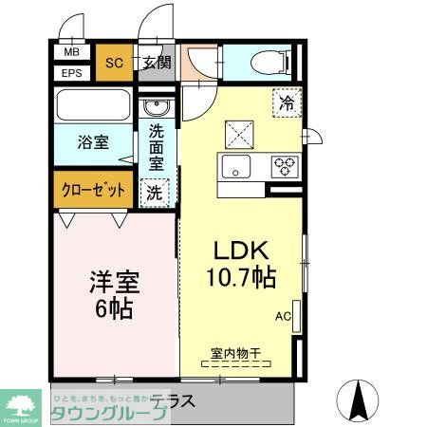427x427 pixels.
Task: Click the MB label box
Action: [x=72, y=53]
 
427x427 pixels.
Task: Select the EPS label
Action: [x=72, y=73]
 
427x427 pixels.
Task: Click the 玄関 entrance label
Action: [x=157, y=64]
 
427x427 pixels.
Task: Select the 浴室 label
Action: [x=93, y=142]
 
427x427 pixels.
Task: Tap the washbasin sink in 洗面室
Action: [x=157, y=105]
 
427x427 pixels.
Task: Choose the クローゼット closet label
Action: [x=93, y=189]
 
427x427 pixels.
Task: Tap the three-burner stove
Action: [x=284, y=167]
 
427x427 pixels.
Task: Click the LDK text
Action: [x=243, y=251]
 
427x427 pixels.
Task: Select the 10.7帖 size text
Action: [x=243, y=278]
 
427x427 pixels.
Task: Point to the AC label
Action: [x=283, y=316]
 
